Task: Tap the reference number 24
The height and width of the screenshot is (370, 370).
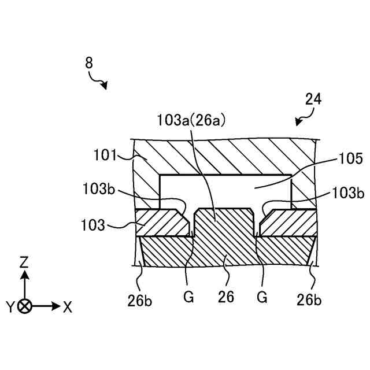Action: pos(313,99)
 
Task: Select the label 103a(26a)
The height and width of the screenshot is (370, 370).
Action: pos(191,120)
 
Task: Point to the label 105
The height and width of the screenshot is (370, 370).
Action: pos(350,158)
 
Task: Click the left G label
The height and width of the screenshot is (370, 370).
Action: pos(188,298)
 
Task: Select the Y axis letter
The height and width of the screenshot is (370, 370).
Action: pos(10,307)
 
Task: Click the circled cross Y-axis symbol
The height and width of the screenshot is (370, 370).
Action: pos(24,306)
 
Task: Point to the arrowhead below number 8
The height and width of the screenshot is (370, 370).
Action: pos(105,86)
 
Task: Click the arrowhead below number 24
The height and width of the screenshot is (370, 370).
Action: pos(298,122)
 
